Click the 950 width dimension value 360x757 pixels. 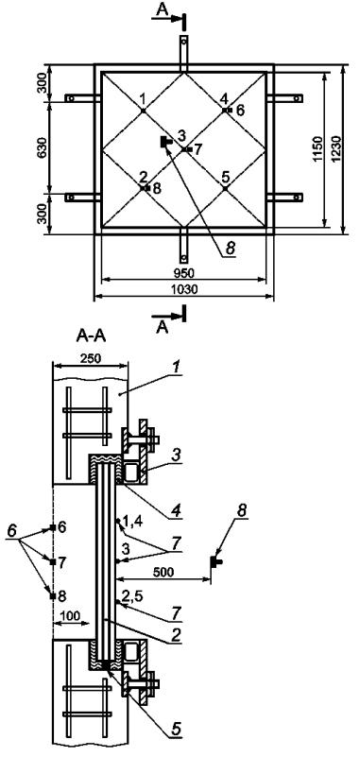184,273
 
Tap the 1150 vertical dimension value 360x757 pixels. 318,149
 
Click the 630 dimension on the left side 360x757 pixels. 43,147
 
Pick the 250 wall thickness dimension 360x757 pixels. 91,359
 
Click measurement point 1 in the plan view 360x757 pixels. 144,111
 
